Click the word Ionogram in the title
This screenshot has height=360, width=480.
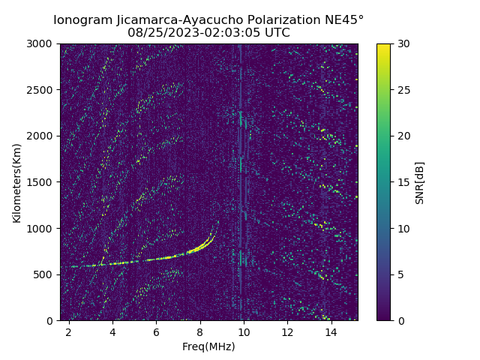(82, 19)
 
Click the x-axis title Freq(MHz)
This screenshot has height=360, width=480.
(208, 346)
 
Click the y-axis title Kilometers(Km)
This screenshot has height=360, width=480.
(17, 182)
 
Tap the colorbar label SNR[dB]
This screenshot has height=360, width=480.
(420, 182)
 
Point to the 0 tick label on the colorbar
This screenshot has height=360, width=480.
(398, 321)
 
